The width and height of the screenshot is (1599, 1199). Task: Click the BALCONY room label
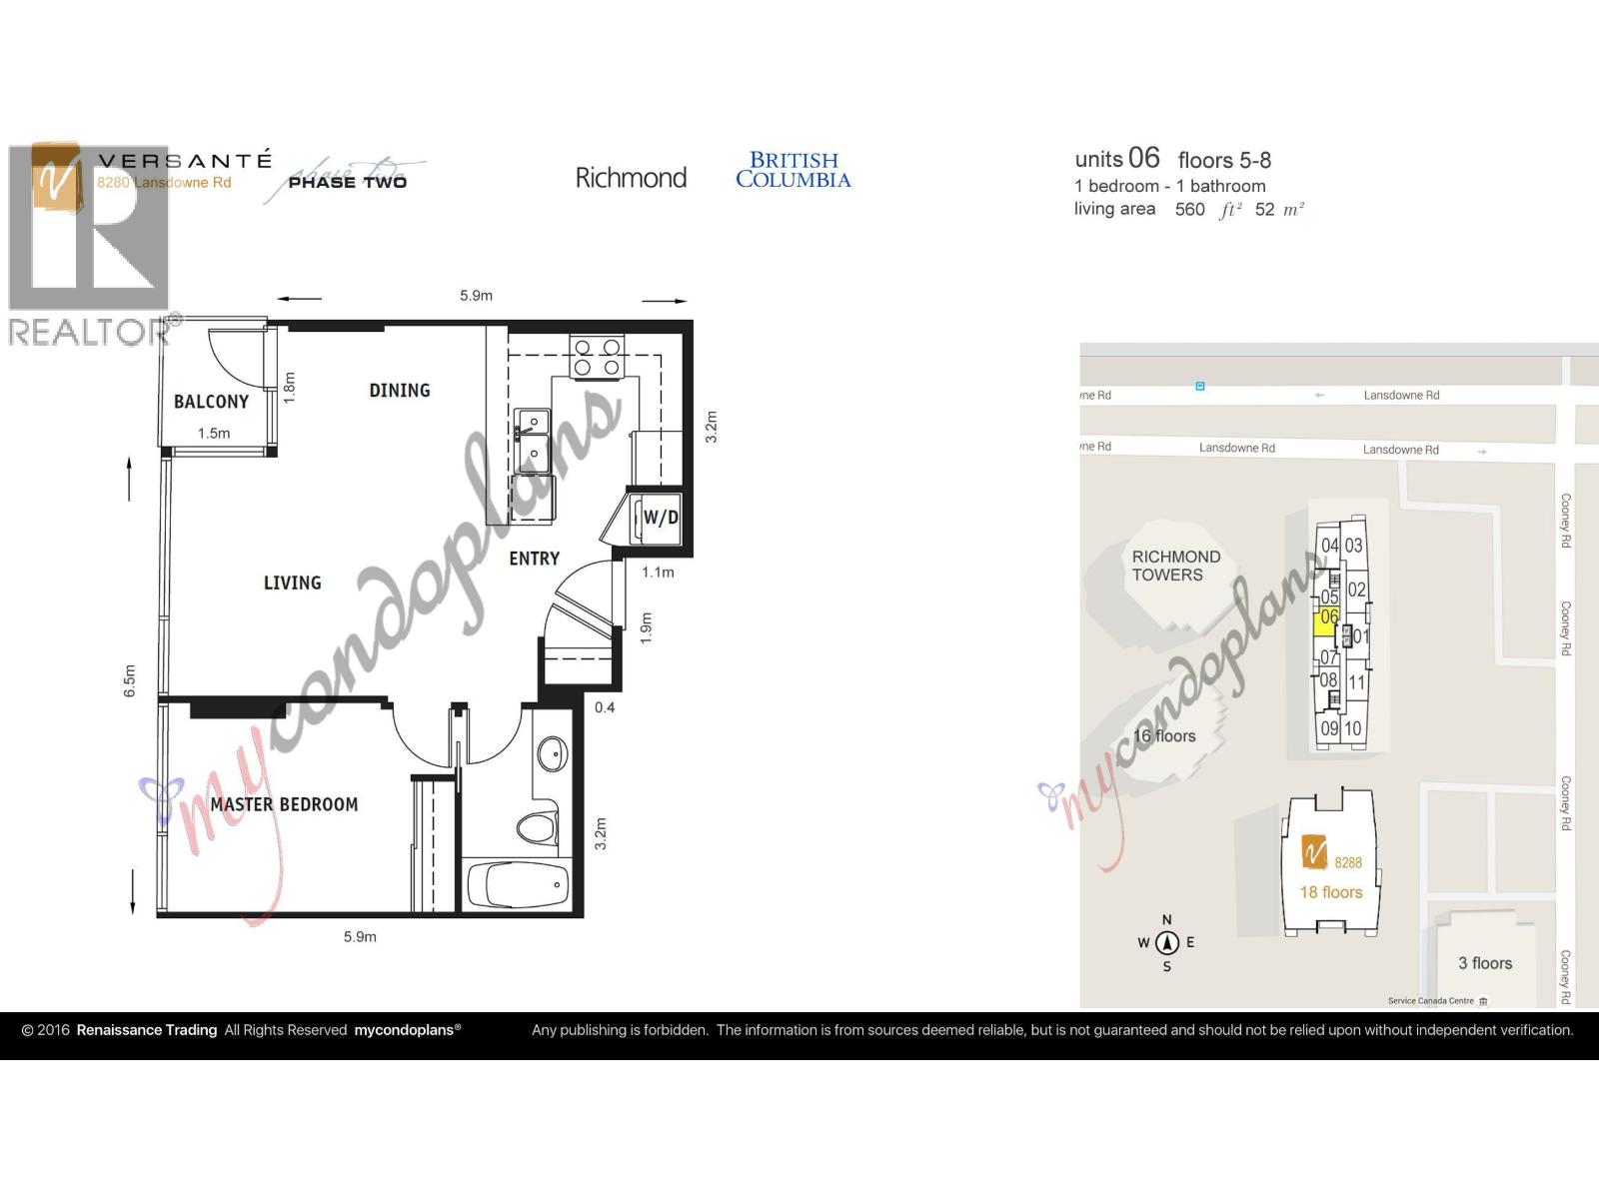click(x=211, y=402)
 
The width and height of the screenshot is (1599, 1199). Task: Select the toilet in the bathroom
click(x=538, y=827)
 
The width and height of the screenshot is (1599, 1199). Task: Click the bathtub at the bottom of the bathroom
click(x=519, y=885)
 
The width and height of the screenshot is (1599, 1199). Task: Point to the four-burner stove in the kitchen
click(x=597, y=358)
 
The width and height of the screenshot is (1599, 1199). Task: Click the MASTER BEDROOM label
click(x=284, y=804)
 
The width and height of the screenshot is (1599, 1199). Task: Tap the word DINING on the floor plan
click(x=400, y=391)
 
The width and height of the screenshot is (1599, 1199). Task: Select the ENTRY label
click(x=534, y=559)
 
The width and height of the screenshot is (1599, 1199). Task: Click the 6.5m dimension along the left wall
click(x=129, y=680)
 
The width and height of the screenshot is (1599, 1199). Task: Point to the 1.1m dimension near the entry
click(x=658, y=573)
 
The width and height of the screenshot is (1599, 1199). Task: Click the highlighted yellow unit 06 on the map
click(x=1328, y=618)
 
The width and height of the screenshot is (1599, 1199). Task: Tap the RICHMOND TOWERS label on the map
click(x=1175, y=566)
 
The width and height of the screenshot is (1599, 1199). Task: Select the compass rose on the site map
click(x=1166, y=942)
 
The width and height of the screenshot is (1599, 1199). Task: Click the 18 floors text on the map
click(x=1330, y=892)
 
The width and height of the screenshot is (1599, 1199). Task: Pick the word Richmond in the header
click(x=631, y=178)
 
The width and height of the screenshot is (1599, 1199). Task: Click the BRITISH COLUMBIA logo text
click(x=794, y=170)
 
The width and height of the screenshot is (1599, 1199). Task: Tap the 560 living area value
click(x=1189, y=209)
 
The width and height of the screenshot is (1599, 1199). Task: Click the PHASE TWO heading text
click(x=347, y=182)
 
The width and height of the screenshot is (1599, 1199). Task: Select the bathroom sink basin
click(x=553, y=753)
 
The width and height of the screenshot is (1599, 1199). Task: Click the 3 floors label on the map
click(x=1484, y=963)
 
